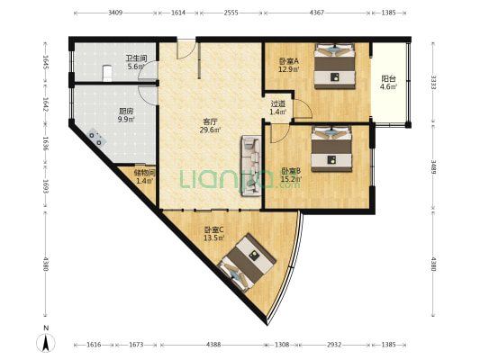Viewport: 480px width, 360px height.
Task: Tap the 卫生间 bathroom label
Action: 136,58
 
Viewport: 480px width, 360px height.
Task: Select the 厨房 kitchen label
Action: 126,111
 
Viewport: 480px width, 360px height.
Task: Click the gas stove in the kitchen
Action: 96,138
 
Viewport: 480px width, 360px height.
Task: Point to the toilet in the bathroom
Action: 107,74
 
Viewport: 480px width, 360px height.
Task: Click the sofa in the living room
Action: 251,166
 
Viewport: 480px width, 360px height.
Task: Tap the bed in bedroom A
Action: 335,66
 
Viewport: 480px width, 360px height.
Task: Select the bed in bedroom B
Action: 331,149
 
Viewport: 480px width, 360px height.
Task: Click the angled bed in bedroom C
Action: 247,263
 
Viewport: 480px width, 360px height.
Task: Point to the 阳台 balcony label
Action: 388,79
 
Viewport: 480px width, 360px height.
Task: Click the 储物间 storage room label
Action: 145,173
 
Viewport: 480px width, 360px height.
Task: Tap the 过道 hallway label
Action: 277,104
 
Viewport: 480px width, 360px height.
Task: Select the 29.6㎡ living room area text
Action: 210,130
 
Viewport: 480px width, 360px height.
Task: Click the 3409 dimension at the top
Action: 115,13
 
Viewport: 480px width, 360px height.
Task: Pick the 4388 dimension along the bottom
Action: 213,345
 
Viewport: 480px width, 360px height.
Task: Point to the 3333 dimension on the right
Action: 433,82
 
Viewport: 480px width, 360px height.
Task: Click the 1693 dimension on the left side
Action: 46,186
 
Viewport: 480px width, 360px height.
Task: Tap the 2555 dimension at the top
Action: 231,13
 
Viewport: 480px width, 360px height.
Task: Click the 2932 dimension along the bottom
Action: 334,345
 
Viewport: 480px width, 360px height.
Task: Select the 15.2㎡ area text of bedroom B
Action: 291,178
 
